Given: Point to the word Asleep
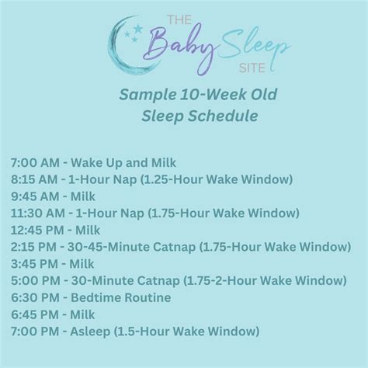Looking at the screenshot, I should [x=91, y=332].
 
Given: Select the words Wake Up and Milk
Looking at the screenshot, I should [x=123, y=163].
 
